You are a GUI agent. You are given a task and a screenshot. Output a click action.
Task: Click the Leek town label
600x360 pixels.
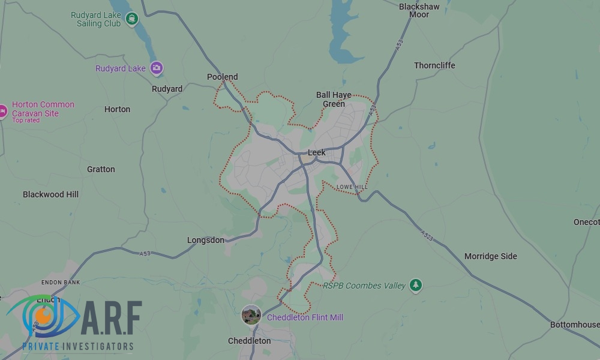316,152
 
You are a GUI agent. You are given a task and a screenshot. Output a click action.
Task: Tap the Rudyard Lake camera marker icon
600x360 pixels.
157,68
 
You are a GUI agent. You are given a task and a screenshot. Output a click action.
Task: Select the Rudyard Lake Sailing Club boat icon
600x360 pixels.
132,19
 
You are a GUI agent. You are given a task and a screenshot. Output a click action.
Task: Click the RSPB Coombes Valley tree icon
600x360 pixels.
415,286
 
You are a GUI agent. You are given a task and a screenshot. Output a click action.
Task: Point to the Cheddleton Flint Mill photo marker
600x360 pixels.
251,314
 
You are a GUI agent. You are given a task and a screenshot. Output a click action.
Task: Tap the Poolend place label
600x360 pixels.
222,77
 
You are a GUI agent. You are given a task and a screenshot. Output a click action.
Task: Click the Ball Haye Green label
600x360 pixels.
334,99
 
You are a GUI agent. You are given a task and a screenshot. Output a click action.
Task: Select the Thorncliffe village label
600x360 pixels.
434,65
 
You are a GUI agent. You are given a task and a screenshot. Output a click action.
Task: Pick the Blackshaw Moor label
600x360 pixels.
419,11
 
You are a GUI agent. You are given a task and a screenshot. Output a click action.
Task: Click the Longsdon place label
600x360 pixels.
205,240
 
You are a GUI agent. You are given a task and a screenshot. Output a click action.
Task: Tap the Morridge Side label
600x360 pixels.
490,256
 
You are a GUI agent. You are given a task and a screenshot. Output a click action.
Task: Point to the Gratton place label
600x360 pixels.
101,169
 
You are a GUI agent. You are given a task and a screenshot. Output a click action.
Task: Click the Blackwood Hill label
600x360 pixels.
50,194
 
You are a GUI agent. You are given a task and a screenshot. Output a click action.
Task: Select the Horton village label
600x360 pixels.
117,109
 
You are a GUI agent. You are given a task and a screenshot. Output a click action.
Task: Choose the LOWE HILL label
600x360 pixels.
352,187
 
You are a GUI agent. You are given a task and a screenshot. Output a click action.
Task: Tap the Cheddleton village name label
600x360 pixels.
249,341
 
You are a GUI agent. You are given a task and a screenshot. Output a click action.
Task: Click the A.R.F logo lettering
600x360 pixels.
110,319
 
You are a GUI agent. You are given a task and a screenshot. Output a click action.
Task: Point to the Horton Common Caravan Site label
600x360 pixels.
43,109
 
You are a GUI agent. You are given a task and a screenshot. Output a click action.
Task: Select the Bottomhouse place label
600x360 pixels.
574,325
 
